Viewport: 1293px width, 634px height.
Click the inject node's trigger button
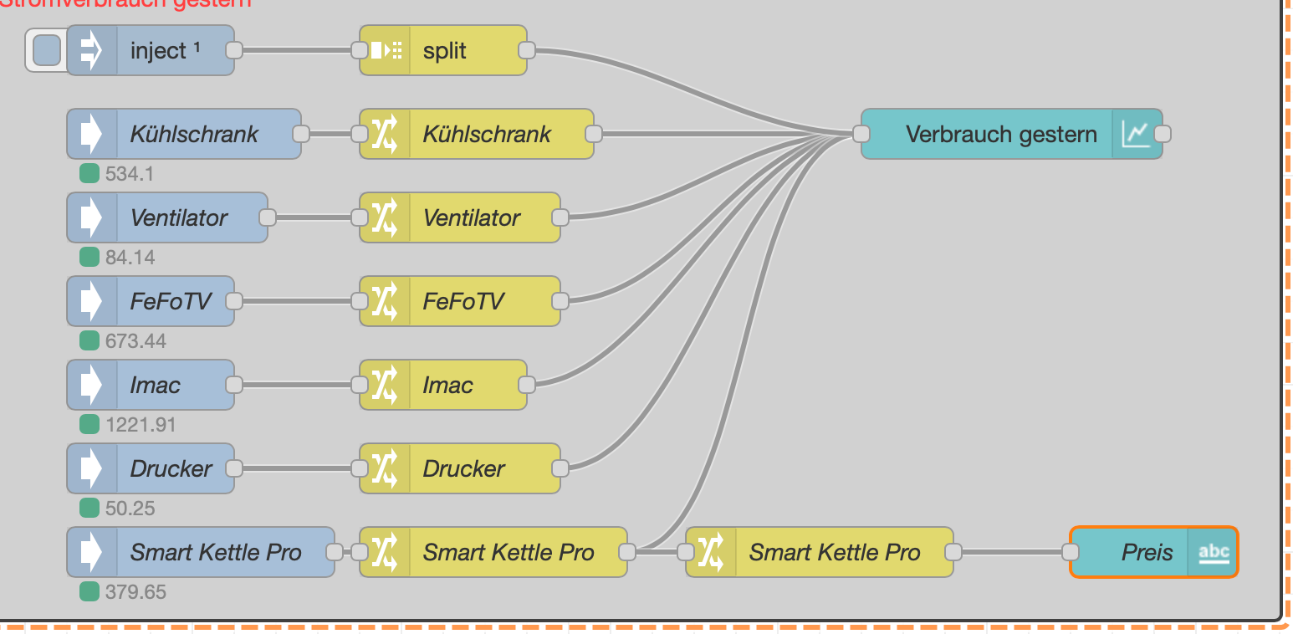[x=46, y=50]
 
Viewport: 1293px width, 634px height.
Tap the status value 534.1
[x=129, y=174]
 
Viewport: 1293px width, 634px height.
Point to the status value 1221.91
[x=141, y=425]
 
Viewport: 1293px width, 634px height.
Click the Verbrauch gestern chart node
[x=1000, y=134]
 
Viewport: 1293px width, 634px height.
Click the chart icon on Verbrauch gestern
[x=1136, y=134]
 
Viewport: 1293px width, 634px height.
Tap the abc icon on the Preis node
[x=1214, y=552]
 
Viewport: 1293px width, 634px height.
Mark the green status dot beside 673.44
[x=89, y=340]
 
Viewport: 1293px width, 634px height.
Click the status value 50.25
[x=130, y=509]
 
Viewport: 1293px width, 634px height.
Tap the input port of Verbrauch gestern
[x=861, y=134]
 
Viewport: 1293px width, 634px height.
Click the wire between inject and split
[x=297, y=50]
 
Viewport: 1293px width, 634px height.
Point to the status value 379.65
[x=135, y=592]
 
